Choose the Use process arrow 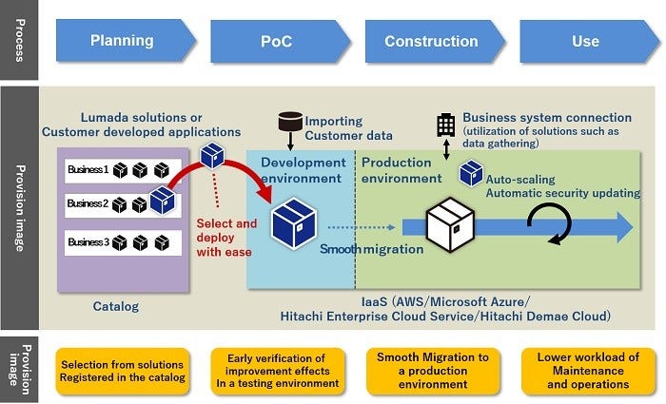click(x=584, y=42)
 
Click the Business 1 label click(x=88, y=171)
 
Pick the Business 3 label click(x=88, y=241)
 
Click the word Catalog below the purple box click(x=117, y=307)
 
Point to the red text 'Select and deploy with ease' click(x=226, y=238)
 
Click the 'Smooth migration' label click(x=371, y=249)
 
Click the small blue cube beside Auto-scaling click(x=471, y=173)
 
